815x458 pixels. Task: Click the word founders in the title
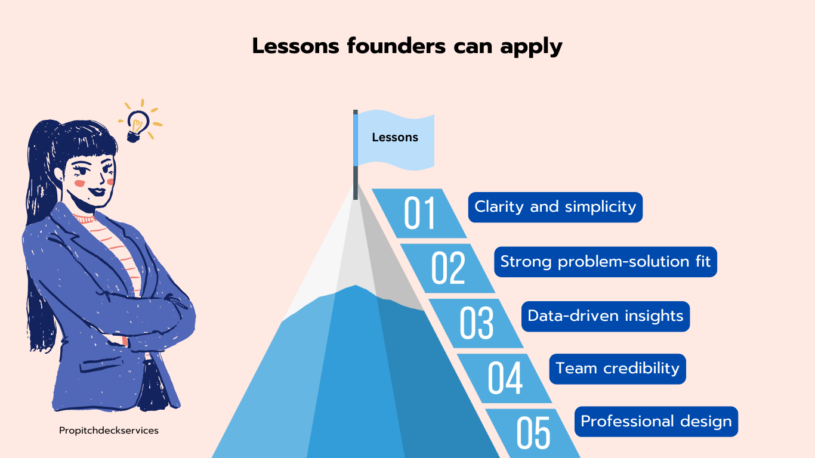(x=396, y=46)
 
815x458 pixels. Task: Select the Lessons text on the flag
(x=395, y=138)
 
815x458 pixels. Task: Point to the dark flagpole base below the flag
(x=356, y=182)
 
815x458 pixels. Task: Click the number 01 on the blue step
(x=419, y=213)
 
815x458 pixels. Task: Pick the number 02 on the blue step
(x=448, y=268)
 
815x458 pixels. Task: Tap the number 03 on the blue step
(x=476, y=323)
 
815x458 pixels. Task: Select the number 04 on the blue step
(x=505, y=377)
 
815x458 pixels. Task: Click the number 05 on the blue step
(x=533, y=432)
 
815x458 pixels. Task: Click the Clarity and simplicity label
(x=555, y=207)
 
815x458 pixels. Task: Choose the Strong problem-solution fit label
(x=606, y=262)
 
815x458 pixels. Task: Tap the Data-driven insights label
(x=606, y=316)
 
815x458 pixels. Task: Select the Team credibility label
(x=618, y=369)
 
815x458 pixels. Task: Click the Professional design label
(x=656, y=422)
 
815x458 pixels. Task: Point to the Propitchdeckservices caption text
(x=109, y=431)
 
